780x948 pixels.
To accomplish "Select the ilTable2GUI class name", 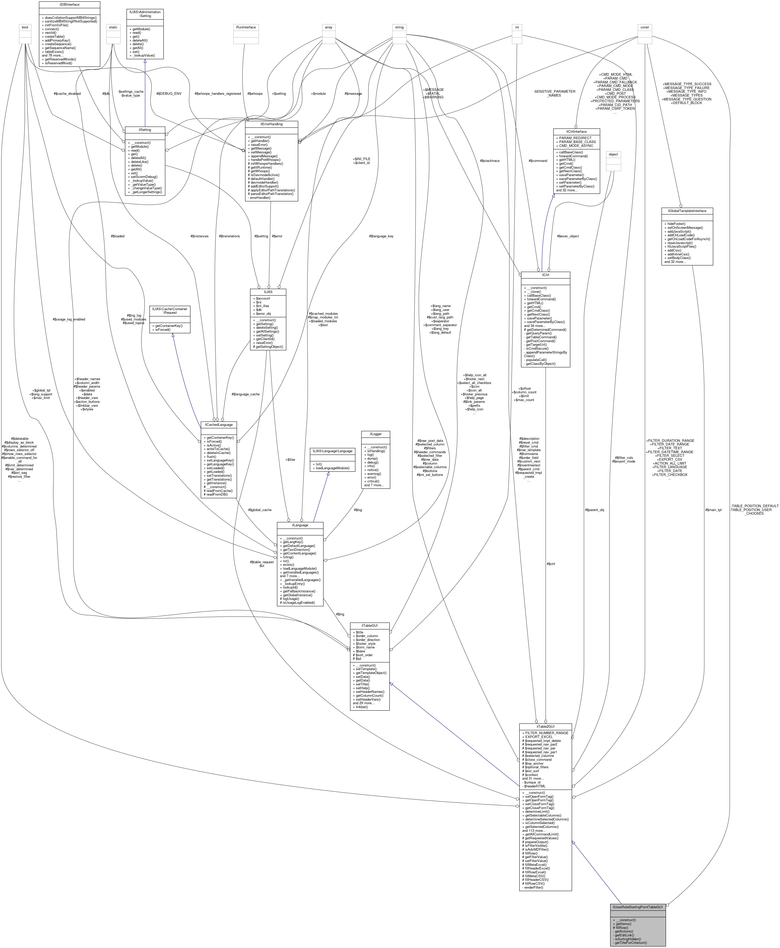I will click(x=545, y=726).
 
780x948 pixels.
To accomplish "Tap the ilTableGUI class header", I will click(x=369, y=625).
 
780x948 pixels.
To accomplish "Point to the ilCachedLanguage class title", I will click(x=219, y=424).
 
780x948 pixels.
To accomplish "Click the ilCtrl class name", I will click(x=545, y=274).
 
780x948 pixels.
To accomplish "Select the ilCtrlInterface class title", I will click(x=577, y=131).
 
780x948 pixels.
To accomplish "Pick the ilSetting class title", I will click(x=145, y=130).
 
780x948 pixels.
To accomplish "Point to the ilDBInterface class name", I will click(x=69, y=4).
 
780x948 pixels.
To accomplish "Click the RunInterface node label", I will click(x=246, y=27).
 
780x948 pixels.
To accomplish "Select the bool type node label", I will click(x=25, y=27).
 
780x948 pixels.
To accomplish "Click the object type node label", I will click(x=613, y=154).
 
